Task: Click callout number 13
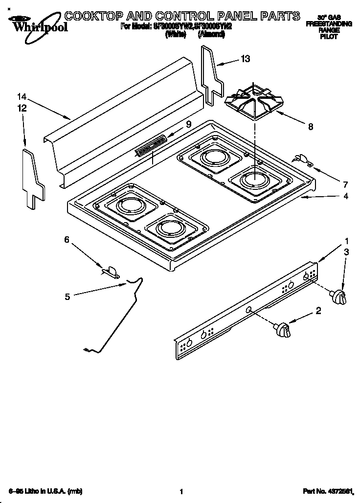coord(245,59)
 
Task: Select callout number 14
coord(21,97)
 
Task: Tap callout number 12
coord(21,109)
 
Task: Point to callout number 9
coord(188,125)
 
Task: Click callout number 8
coord(310,127)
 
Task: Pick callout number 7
coord(345,184)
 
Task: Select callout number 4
coord(346,196)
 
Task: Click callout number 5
coord(67,296)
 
